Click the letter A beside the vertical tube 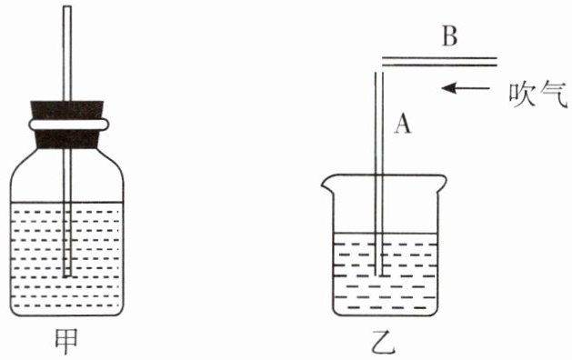(403, 123)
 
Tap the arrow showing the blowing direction (466, 88)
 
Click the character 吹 (522, 95)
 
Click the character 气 (554, 95)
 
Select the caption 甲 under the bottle (66, 341)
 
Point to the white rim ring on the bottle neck (69, 125)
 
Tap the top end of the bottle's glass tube (67, 6)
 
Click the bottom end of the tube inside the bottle (67, 276)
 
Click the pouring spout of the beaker (325, 183)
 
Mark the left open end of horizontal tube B (382, 62)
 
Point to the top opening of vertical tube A (379, 73)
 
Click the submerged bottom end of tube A (379, 275)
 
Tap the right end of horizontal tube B (497, 62)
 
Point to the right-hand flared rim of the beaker (442, 180)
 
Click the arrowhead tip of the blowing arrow (442, 88)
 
